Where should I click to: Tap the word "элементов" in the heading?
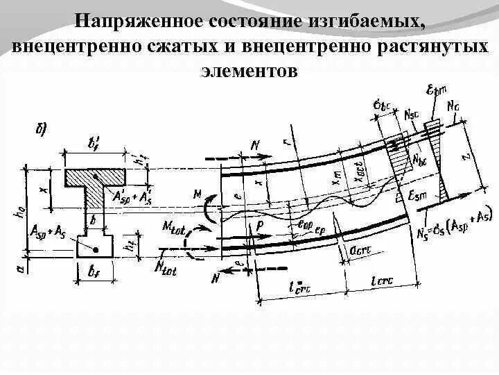point(249,71)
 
